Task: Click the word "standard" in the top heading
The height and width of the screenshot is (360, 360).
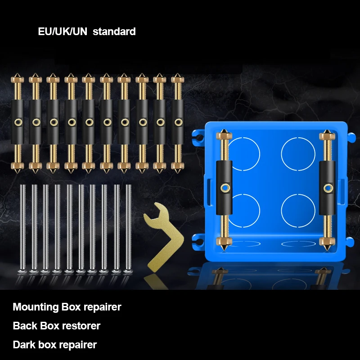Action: coord(114,31)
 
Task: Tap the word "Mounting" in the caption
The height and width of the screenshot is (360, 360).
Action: coord(36,307)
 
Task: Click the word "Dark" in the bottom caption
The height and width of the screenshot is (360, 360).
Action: coord(24,345)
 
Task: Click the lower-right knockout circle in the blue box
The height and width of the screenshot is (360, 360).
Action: coord(298,210)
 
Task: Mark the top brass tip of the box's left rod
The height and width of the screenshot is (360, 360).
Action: coord(224,135)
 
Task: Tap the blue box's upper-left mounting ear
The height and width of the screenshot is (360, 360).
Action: coord(198,134)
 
